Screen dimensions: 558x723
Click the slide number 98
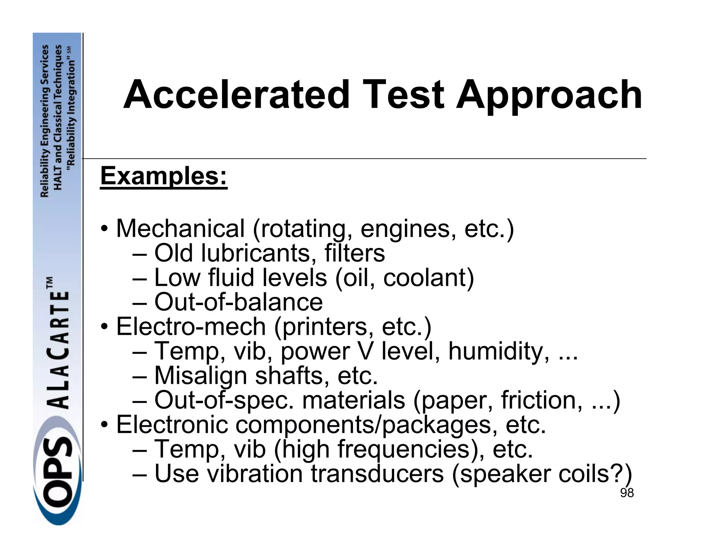pyautogui.click(x=627, y=493)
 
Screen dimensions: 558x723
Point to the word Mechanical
pyautogui.click(x=180, y=229)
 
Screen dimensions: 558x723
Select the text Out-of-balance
pyautogui.click(x=238, y=302)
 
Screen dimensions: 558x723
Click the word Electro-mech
pyautogui.click(x=191, y=327)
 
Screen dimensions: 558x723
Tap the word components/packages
pyautogui.click(x=364, y=425)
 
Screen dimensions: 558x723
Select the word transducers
pyautogui.click(x=377, y=474)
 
